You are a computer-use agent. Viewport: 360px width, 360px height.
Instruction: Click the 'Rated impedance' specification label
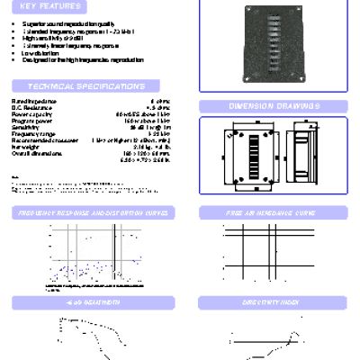29,104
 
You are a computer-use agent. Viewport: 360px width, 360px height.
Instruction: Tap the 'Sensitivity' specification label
24,128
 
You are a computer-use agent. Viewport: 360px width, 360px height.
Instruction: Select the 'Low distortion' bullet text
40,53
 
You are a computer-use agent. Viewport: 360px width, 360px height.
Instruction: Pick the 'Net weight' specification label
24,146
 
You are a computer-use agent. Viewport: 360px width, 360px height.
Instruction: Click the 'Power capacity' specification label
28,116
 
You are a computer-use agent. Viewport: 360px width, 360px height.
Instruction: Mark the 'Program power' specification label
28,122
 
